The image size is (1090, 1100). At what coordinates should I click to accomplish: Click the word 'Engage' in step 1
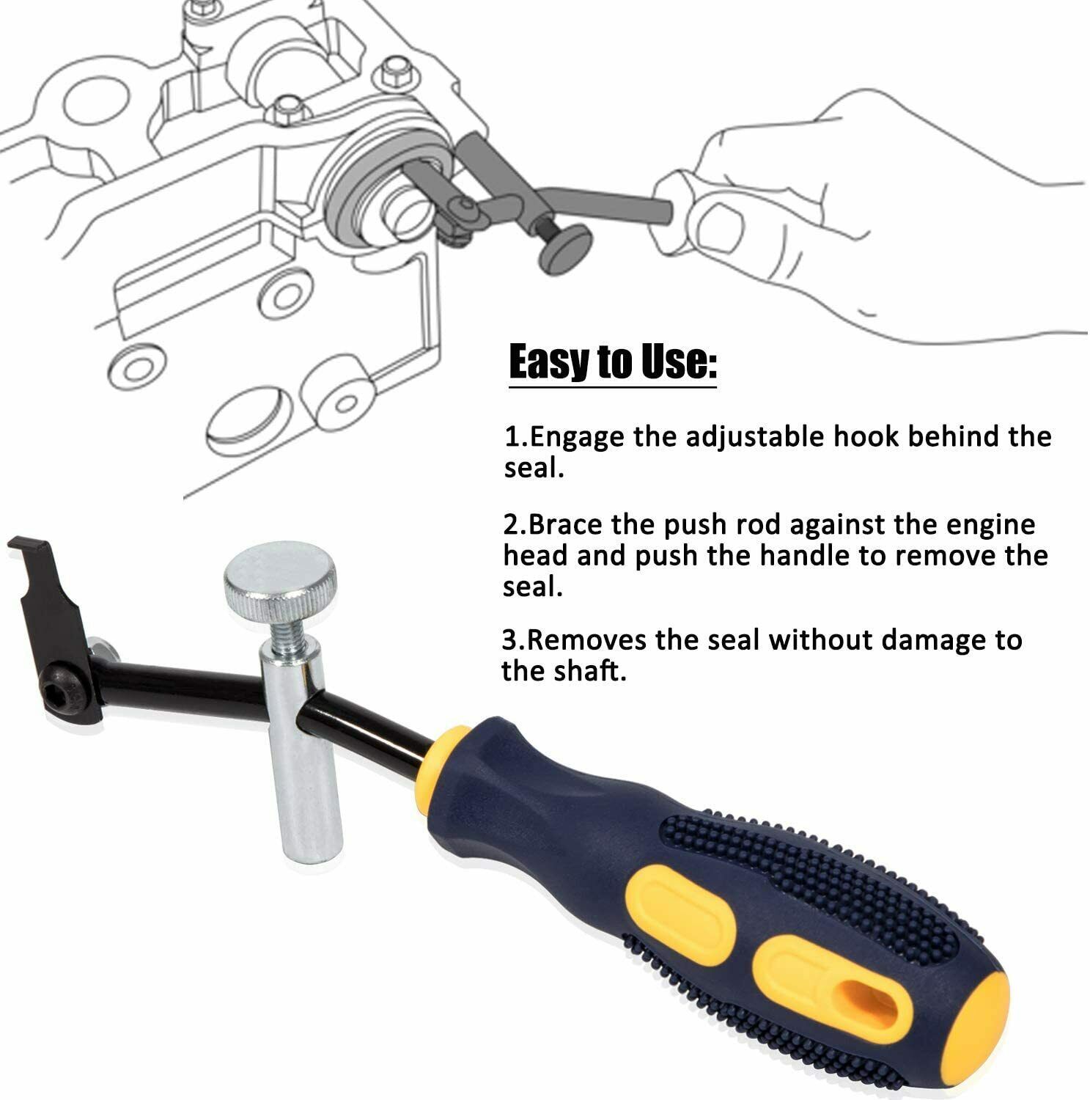574,438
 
